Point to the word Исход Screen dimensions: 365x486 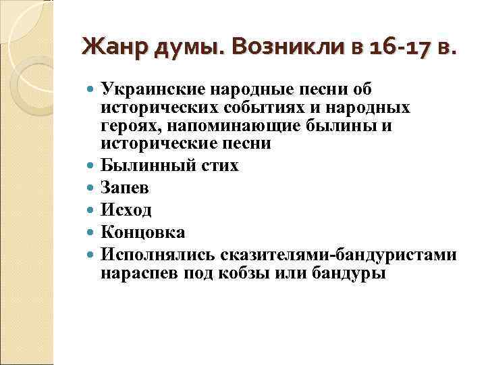(126, 210)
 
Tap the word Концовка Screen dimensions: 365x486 (143, 233)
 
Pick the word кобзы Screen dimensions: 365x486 (244, 273)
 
